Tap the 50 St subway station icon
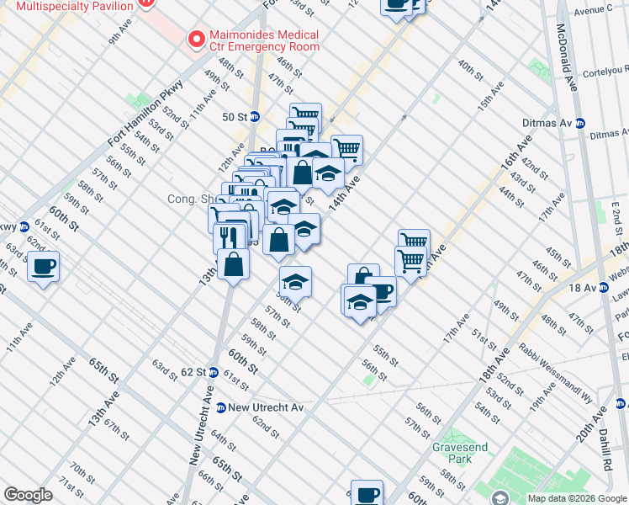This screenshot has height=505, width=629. [x=254, y=116]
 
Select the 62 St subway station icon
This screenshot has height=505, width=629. [x=214, y=372]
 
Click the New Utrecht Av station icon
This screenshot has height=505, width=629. [x=220, y=407]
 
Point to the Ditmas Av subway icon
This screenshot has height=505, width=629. [x=579, y=123]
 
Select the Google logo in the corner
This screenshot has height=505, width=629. [x=28, y=495]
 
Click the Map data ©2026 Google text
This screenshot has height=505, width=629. [x=577, y=498]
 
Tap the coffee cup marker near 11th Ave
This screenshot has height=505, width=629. [x=43, y=268]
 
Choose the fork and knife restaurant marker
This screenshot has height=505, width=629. [x=229, y=236]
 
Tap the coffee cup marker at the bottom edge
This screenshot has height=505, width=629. [x=367, y=493]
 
